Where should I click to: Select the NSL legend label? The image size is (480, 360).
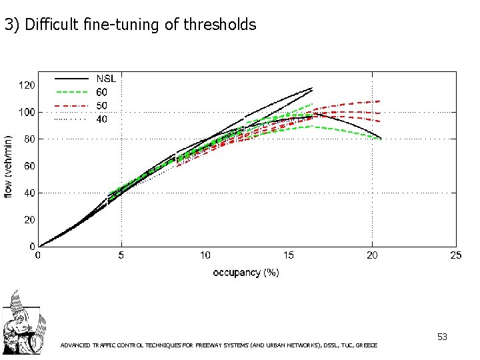107,79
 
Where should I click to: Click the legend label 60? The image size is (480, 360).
102,92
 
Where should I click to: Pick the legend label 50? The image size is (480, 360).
102,105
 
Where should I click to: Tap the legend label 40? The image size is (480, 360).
102,119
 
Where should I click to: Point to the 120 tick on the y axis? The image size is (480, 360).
25,85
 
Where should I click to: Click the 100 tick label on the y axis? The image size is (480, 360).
25,112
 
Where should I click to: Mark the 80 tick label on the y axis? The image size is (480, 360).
27,139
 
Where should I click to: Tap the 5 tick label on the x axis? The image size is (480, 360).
121,255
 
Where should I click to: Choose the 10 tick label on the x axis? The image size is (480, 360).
205,255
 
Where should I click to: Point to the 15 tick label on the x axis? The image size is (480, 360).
289,255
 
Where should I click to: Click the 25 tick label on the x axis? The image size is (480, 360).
455,255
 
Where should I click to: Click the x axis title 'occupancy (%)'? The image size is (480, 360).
246,272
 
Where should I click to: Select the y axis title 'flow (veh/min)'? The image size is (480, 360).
8,166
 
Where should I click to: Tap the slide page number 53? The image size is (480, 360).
442,337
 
